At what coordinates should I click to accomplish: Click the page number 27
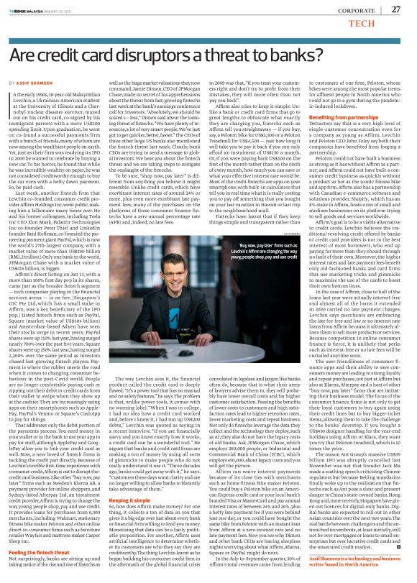[x=396, y=9]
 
